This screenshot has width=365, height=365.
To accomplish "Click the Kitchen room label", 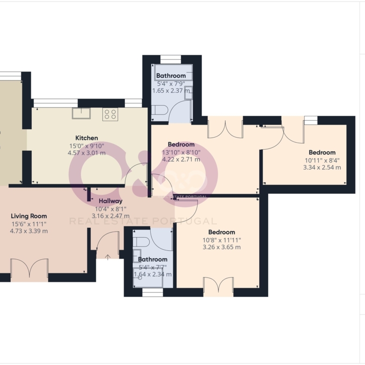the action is click(x=87, y=138).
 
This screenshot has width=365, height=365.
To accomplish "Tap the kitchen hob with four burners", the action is click(x=110, y=114).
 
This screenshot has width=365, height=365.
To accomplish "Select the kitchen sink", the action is click(x=81, y=113).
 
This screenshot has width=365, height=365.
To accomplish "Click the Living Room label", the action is click(x=29, y=216).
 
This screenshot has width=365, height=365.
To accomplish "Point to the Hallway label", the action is click(x=110, y=201).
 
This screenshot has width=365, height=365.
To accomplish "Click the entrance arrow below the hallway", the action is click(x=108, y=257).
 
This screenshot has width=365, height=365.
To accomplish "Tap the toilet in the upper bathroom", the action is click(x=160, y=110).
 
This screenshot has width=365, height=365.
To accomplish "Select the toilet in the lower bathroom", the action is click(x=141, y=242).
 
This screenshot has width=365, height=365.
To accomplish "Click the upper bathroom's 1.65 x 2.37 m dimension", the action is click(x=171, y=91).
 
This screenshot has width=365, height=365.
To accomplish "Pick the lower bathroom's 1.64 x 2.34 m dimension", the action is click(x=153, y=274).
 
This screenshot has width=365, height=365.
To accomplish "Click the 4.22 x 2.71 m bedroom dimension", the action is click(x=181, y=160).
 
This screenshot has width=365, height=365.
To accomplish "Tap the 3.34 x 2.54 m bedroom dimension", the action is click(x=322, y=168).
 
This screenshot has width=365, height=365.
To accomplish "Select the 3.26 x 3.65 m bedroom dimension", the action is click(x=222, y=247).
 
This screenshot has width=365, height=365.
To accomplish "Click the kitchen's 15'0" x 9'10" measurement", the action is click(x=87, y=146).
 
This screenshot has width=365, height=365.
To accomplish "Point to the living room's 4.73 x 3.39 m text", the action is click(x=29, y=231).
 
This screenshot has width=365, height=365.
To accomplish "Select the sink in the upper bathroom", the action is click(x=188, y=93).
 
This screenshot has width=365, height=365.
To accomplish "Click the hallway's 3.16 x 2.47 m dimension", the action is click(x=110, y=216).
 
